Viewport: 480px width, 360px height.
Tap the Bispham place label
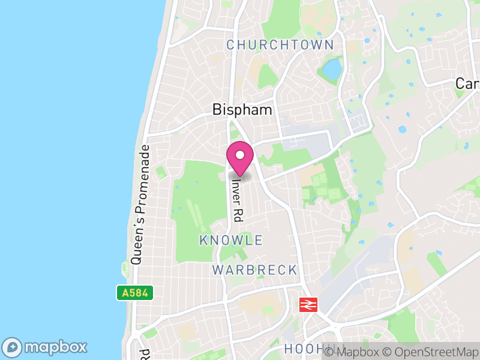click(242, 110)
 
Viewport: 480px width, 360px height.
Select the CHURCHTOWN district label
click(280, 45)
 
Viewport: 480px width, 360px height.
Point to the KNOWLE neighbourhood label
click(231, 241)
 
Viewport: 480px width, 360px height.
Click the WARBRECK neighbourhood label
click(254, 270)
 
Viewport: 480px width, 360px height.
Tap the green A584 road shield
click(135, 293)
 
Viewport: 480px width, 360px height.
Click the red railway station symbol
click(308, 305)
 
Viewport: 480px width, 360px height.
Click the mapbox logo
click(46, 347)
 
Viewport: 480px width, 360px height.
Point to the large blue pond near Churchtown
click(332, 70)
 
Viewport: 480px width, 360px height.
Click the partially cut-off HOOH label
click(301, 349)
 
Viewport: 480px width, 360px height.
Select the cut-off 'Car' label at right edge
click(467, 83)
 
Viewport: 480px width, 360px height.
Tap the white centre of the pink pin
click(240, 155)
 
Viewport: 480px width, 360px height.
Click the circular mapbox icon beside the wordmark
click(13, 347)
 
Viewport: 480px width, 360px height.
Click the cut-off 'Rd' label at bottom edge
click(144, 354)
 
